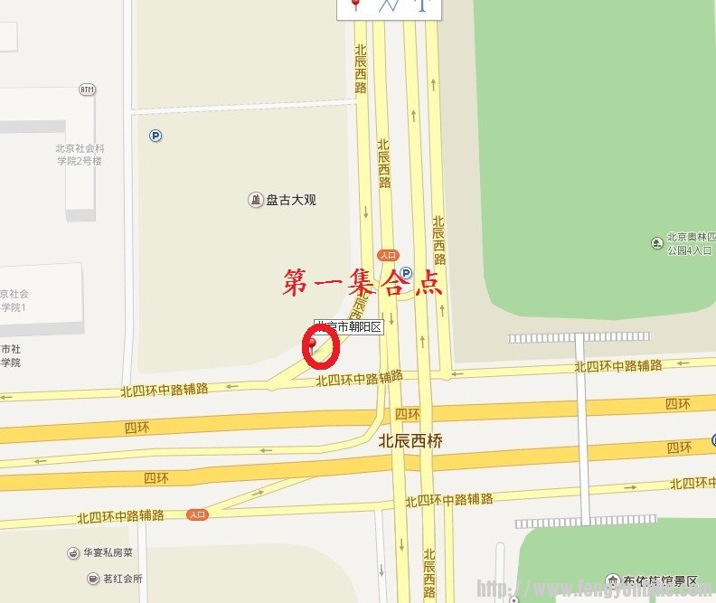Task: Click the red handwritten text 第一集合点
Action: point(363,283)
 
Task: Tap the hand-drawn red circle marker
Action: point(321,347)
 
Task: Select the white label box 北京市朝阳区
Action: point(349,327)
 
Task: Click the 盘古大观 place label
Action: point(291,200)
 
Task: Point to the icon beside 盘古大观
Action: point(256,200)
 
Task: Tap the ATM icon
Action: point(87,90)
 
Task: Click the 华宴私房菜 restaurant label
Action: point(108,552)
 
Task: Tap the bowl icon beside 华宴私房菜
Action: point(74,552)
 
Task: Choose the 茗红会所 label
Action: point(121,579)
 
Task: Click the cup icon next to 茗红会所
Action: point(93,579)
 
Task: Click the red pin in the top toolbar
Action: point(355,5)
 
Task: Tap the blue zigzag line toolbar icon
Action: point(390,5)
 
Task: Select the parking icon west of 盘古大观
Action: point(155,136)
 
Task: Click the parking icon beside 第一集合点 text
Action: point(406,272)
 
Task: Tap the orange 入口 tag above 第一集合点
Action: point(389,255)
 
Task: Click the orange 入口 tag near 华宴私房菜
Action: point(198,514)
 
